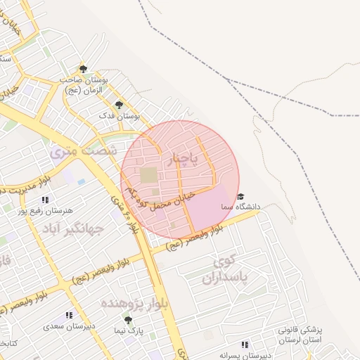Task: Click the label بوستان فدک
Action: pos(127,114)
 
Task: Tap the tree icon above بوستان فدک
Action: pos(118,104)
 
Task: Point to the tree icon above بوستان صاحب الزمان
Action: pos(83,69)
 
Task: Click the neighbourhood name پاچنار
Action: pos(186,160)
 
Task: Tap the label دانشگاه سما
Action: pos(240,207)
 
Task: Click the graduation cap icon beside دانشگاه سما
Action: pos(240,197)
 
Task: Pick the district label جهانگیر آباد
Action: pos(72,229)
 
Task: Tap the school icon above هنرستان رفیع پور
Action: pos(46,200)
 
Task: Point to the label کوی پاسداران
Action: pos(231,271)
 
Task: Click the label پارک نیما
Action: pos(129,330)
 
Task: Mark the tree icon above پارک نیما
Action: pos(127,320)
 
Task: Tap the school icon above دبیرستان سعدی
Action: pos(68,316)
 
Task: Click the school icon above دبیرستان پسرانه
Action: pos(244,345)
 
